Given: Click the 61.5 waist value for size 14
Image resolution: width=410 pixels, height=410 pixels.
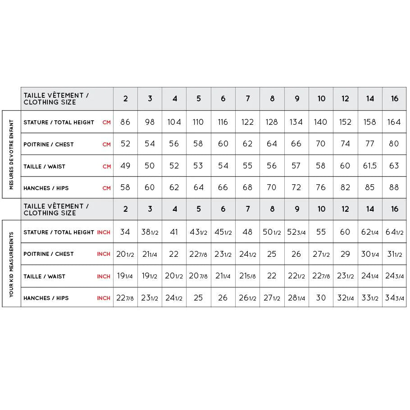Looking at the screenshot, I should [x=370, y=166].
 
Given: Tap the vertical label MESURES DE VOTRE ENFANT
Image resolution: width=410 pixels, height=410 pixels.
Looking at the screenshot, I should [x=12, y=155].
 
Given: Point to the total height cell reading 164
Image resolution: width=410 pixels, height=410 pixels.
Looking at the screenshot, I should [x=394, y=122].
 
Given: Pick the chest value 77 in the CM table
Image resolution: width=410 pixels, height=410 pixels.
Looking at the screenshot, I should [x=370, y=144].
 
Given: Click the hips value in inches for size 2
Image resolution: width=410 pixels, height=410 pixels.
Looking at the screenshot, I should [x=125, y=298].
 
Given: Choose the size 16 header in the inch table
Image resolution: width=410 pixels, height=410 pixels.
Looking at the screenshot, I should [x=394, y=209].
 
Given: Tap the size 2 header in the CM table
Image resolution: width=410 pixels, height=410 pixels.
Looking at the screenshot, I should [x=126, y=99].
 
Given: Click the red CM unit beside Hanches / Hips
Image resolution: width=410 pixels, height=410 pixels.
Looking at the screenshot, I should [x=106, y=188].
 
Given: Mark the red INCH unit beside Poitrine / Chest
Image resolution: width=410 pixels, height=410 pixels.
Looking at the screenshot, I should [x=104, y=254].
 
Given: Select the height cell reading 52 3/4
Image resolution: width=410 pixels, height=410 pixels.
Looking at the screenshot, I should [x=296, y=232].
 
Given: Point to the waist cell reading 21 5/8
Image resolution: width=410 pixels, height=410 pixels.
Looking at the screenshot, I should [x=247, y=276].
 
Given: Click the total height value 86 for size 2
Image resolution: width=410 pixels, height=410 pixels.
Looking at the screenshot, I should [x=125, y=122].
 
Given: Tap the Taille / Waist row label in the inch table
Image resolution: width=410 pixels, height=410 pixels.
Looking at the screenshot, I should [x=45, y=276].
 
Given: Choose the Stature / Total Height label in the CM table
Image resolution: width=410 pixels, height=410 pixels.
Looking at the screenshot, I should [x=59, y=122].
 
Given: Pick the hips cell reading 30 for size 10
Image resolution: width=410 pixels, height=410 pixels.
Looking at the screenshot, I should [x=321, y=298].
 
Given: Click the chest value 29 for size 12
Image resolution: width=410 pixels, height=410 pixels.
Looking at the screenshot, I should [x=345, y=254].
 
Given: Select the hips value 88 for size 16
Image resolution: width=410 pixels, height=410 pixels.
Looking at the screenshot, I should [x=394, y=188].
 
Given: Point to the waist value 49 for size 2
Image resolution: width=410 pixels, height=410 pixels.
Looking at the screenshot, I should [x=125, y=166].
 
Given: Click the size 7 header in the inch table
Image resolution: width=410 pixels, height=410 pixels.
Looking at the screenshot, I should [x=248, y=209].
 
